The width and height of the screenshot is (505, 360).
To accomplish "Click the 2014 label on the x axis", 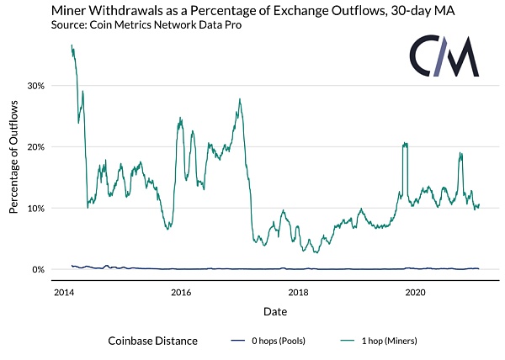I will click(x=62, y=292).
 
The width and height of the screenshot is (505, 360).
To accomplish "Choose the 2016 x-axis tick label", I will click(x=180, y=292).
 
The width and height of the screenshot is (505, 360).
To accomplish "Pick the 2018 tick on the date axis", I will click(x=297, y=292).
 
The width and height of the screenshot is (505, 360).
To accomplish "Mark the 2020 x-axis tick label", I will click(x=415, y=292).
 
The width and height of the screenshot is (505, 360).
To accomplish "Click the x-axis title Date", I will click(x=274, y=310).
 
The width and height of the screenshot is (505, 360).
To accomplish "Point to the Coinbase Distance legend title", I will click(x=152, y=341).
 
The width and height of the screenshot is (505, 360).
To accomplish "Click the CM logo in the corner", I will click(x=444, y=57).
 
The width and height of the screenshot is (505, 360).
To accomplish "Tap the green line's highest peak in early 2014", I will click(x=72, y=45).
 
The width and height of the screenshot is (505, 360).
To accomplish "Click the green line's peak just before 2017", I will click(x=240, y=99).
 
